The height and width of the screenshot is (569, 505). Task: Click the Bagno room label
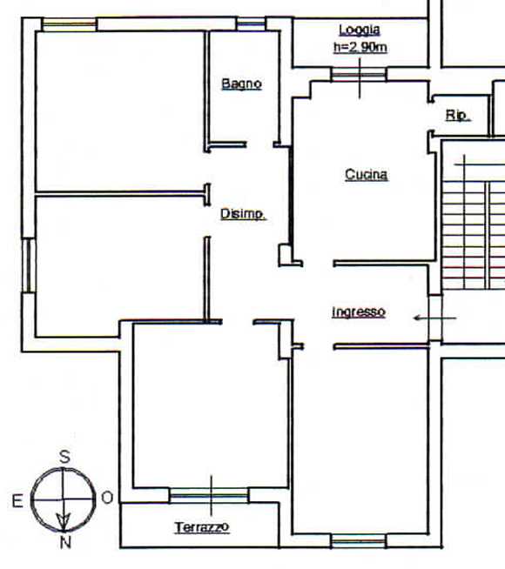(x=241, y=84)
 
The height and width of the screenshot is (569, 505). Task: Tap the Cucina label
(x=366, y=175)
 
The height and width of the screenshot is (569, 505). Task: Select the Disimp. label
(x=243, y=214)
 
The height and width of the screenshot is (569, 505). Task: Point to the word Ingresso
(x=359, y=311)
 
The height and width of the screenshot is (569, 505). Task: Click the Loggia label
(x=360, y=30)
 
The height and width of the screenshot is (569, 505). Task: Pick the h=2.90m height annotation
(x=360, y=47)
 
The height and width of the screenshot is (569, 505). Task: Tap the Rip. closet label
(x=458, y=116)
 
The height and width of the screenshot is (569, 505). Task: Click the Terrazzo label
(x=201, y=527)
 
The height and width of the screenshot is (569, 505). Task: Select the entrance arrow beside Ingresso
(x=434, y=318)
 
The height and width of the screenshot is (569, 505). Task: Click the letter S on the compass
(x=64, y=457)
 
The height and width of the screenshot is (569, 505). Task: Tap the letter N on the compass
(x=65, y=543)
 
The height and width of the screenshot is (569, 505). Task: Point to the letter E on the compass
(x=17, y=501)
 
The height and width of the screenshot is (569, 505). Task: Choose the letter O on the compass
(x=107, y=498)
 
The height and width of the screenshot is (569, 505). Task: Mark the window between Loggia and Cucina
(x=359, y=75)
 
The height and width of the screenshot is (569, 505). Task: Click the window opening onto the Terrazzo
(x=209, y=495)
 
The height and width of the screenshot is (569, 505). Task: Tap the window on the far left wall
(x=29, y=265)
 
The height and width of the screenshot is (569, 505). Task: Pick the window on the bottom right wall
(x=359, y=541)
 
